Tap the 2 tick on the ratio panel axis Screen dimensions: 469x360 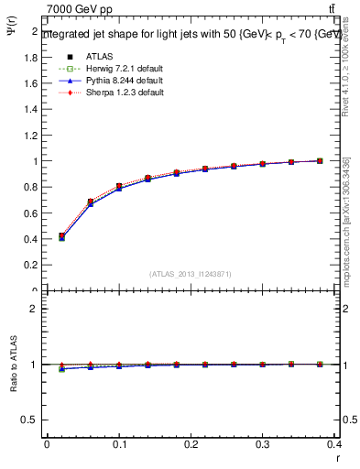(34, 309)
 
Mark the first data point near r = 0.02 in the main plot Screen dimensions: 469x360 (61, 236)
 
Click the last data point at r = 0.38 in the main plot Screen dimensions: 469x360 (320, 161)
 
